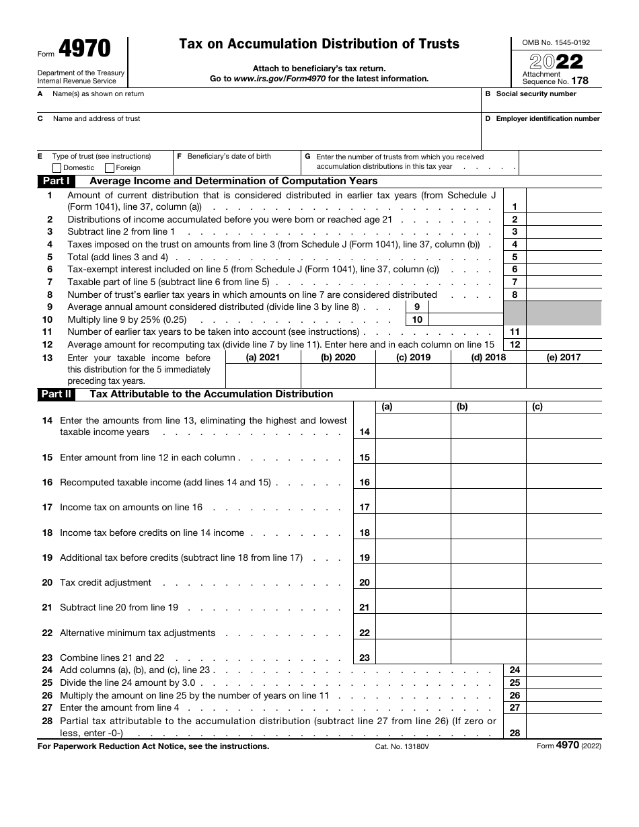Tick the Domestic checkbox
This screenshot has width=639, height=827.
coord(57,168)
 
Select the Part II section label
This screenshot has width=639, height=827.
coord(57,395)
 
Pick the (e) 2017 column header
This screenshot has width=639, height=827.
coord(563,358)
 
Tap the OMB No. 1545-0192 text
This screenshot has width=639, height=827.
coord(556,42)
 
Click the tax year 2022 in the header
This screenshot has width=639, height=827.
coord(556,62)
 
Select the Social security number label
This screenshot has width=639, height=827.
coord(535,94)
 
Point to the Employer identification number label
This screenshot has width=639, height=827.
coord(548,119)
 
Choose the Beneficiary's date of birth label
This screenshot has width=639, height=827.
coord(229,157)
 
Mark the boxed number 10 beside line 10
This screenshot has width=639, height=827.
coord(417,320)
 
